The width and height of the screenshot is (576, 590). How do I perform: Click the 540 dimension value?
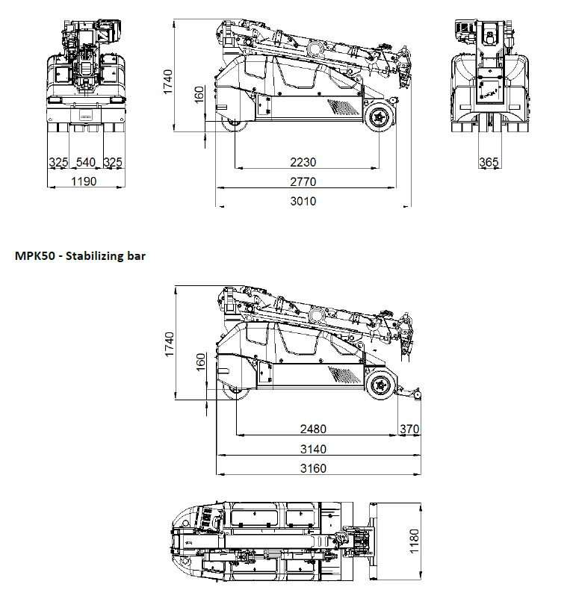[x=86, y=162]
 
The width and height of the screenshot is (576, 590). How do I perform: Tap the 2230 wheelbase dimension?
[x=303, y=162]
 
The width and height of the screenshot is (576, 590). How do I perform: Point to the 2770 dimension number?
[x=303, y=181]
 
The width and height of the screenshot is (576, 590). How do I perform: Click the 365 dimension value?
[x=489, y=162]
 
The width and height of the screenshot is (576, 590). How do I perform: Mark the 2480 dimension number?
[x=313, y=429]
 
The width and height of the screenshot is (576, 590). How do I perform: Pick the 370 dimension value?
[x=409, y=429]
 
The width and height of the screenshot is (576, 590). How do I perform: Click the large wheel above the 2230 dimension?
[x=380, y=117]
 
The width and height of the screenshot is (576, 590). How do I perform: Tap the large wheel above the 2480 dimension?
[x=380, y=385]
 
